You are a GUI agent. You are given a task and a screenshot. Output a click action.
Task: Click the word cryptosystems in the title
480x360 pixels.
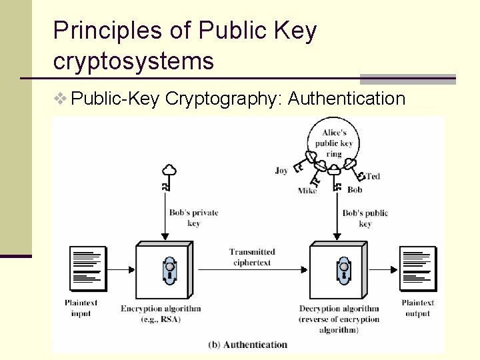[133, 61]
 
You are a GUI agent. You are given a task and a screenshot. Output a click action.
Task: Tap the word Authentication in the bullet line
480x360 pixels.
[347, 99]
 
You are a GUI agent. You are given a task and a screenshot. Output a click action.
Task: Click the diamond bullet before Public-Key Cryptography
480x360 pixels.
[61, 99]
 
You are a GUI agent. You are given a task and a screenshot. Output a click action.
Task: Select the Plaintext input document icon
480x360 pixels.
[88, 269]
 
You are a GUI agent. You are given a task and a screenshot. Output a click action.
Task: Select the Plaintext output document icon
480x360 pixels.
[417, 269]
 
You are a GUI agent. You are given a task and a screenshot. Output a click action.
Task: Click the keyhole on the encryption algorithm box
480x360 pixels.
[169, 269]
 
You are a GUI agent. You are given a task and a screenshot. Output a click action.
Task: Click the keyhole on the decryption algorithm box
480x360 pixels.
[343, 269]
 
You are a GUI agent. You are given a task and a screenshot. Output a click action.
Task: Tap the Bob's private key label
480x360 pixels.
[193, 218]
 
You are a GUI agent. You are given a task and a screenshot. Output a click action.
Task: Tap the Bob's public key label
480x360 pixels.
[365, 218]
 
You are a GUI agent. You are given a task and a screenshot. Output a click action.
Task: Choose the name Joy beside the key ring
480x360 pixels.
[281, 171]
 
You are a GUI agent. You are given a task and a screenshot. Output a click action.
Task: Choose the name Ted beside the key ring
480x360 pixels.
[373, 176]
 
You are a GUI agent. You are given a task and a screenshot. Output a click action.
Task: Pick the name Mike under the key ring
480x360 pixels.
[307, 191]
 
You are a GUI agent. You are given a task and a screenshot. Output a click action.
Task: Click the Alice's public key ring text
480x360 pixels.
[334, 143]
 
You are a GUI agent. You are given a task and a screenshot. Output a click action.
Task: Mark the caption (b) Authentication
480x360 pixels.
[248, 345]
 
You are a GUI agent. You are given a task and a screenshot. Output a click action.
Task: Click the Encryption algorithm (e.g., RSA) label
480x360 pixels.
[161, 314]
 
